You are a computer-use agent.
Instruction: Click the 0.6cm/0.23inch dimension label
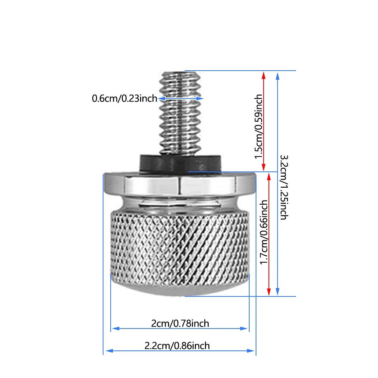[x=124, y=98]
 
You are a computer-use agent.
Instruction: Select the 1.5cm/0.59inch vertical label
[x=258, y=127]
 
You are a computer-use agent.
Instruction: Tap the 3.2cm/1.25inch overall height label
[x=284, y=187]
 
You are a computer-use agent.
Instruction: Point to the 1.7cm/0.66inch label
[x=264, y=232]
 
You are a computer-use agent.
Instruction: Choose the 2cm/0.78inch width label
[x=180, y=323]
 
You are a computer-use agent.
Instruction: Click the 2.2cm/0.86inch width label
[x=177, y=346]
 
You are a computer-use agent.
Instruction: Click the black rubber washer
[x=181, y=163]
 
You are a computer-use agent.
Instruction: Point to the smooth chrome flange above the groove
[x=180, y=184]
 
